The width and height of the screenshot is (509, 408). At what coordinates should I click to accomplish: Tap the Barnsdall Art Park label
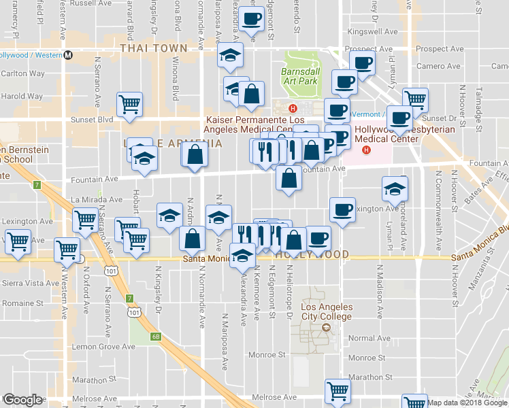click(x=299, y=75)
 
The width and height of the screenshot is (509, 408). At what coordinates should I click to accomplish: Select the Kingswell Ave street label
click(x=372, y=32)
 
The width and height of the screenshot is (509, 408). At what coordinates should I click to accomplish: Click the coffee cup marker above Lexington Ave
click(x=342, y=209)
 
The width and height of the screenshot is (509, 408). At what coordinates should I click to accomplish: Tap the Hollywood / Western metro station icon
click(x=68, y=56)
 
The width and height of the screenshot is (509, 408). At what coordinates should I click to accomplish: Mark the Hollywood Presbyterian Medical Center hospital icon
click(x=367, y=150)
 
